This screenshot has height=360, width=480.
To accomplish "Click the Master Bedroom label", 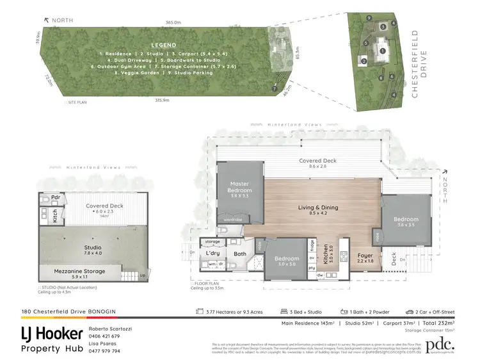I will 240,187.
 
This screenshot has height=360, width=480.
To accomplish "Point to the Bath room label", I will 240,254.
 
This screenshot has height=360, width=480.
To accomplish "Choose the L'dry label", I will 213,253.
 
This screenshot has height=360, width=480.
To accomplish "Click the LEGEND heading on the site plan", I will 164,45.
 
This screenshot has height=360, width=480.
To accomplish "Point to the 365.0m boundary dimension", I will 172,22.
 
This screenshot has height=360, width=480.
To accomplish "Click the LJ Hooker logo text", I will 52,334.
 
